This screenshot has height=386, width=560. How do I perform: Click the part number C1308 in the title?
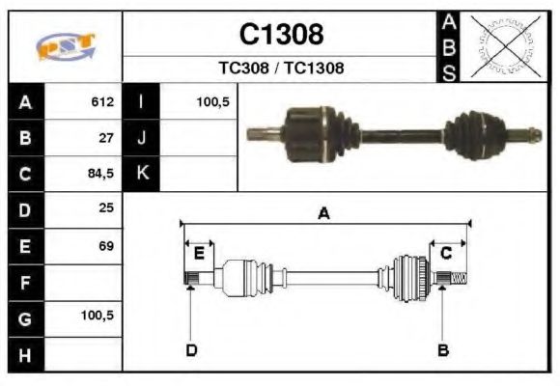pos(281,35)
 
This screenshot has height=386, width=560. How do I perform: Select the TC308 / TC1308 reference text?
pos(281,69)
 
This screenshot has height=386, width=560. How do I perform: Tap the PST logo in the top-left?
pos(66,46)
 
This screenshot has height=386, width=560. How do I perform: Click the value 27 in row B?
pos(107,138)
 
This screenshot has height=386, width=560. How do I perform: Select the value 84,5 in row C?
pos(101,175)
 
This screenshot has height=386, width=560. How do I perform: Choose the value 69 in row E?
pos(107,246)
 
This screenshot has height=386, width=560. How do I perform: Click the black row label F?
pos(25,282)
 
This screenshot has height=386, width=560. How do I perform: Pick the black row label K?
pos(142,175)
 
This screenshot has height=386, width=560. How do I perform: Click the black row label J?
pos(142,138)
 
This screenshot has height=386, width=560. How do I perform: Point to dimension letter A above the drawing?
pos(324,214)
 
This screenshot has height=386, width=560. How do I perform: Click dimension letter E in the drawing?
pos(199,254)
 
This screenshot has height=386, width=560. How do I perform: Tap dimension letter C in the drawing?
pos(446,254)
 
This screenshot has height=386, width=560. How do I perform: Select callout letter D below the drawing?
pos(191,349)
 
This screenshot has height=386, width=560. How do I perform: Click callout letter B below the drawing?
pos(443,349)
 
